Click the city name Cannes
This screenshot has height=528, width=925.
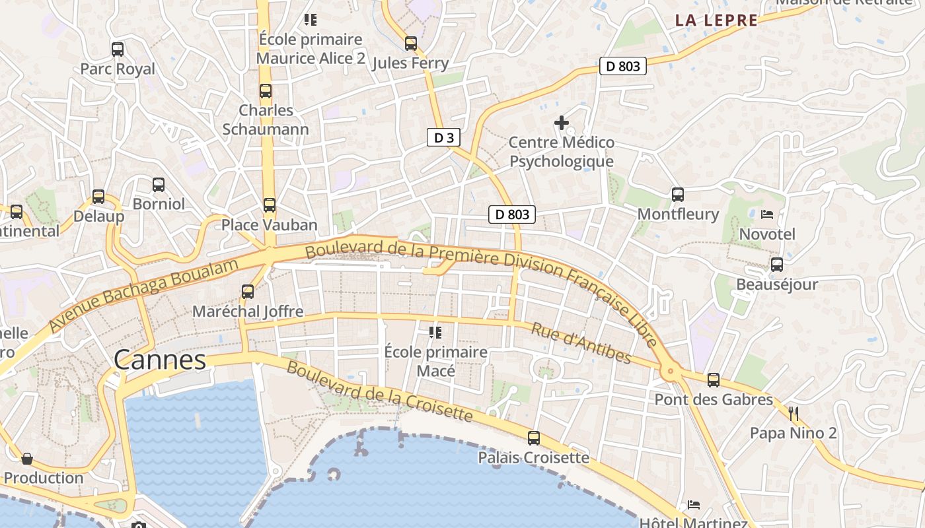pyautogui.click(x=160, y=360)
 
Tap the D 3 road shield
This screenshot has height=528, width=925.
pyautogui.click(x=443, y=137)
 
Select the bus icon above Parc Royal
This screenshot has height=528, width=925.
pyautogui.click(x=118, y=49)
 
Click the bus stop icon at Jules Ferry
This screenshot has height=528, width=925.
pyautogui.click(x=411, y=44)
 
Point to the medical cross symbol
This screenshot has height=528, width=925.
pyautogui.click(x=562, y=123)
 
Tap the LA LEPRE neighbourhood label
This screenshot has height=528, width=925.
pyautogui.click(x=716, y=20)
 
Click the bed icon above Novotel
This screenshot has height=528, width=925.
pyautogui.click(x=767, y=214)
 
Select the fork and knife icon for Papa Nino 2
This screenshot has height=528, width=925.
pyautogui.click(x=794, y=414)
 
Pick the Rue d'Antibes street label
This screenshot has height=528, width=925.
pyautogui.click(x=581, y=344)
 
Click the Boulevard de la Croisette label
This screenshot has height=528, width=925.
pyautogui.click(x=379, y=392)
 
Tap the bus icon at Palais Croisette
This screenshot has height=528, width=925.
pyautogui.click(x=533, y=438)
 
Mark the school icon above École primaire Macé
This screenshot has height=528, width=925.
pyautogui.click(x=435, y=332)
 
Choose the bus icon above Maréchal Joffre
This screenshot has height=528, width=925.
pyautogui.click(x=248, y=291)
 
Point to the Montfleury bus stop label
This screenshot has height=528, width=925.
pyautogui.click(x=678, y=214)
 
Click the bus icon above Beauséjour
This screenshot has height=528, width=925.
pyautogui.click(x=777, y=265)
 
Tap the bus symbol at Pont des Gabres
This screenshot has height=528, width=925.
pyautogui.click(x=714, y=380)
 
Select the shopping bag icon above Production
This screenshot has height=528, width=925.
pyautogui.click(x=27, y=458)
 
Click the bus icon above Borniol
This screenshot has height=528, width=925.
pyautogui.click(x=159, y=185)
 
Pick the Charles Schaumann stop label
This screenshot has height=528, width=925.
pyautogui.click(x=266, y=119)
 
